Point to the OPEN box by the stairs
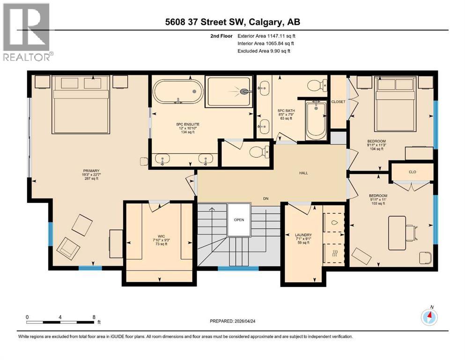click(239, 219)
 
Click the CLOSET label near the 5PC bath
click(338, 102)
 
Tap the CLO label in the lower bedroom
click(412, 172)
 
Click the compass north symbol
click(429, 317)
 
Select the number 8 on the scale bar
click(94, 317)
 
